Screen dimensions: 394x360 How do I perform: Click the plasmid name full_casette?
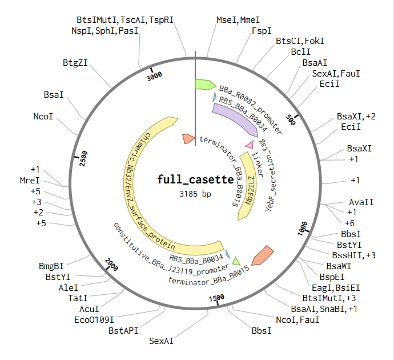(195, 179)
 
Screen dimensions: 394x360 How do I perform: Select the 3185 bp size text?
(195, 194)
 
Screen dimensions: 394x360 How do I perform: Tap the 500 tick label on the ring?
(291, 120)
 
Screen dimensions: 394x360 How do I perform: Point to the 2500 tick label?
(83, 158)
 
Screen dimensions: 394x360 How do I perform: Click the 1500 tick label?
(216, 298)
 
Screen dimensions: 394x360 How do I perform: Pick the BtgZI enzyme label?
(75, 63)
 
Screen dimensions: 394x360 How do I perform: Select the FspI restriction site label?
(262, 31)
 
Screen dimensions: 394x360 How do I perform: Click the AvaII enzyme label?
(361, 202)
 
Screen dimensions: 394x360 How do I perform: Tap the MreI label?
(30, 180)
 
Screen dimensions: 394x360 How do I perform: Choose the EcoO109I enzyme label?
(94, 320)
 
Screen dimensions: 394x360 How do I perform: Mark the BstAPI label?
(123, 331)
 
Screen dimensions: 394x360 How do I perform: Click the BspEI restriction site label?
(332, 277)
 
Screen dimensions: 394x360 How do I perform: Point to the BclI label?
(301, 52)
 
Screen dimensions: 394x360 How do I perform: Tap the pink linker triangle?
(250, 145)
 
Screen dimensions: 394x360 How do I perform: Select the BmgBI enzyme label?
(51, 266)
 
